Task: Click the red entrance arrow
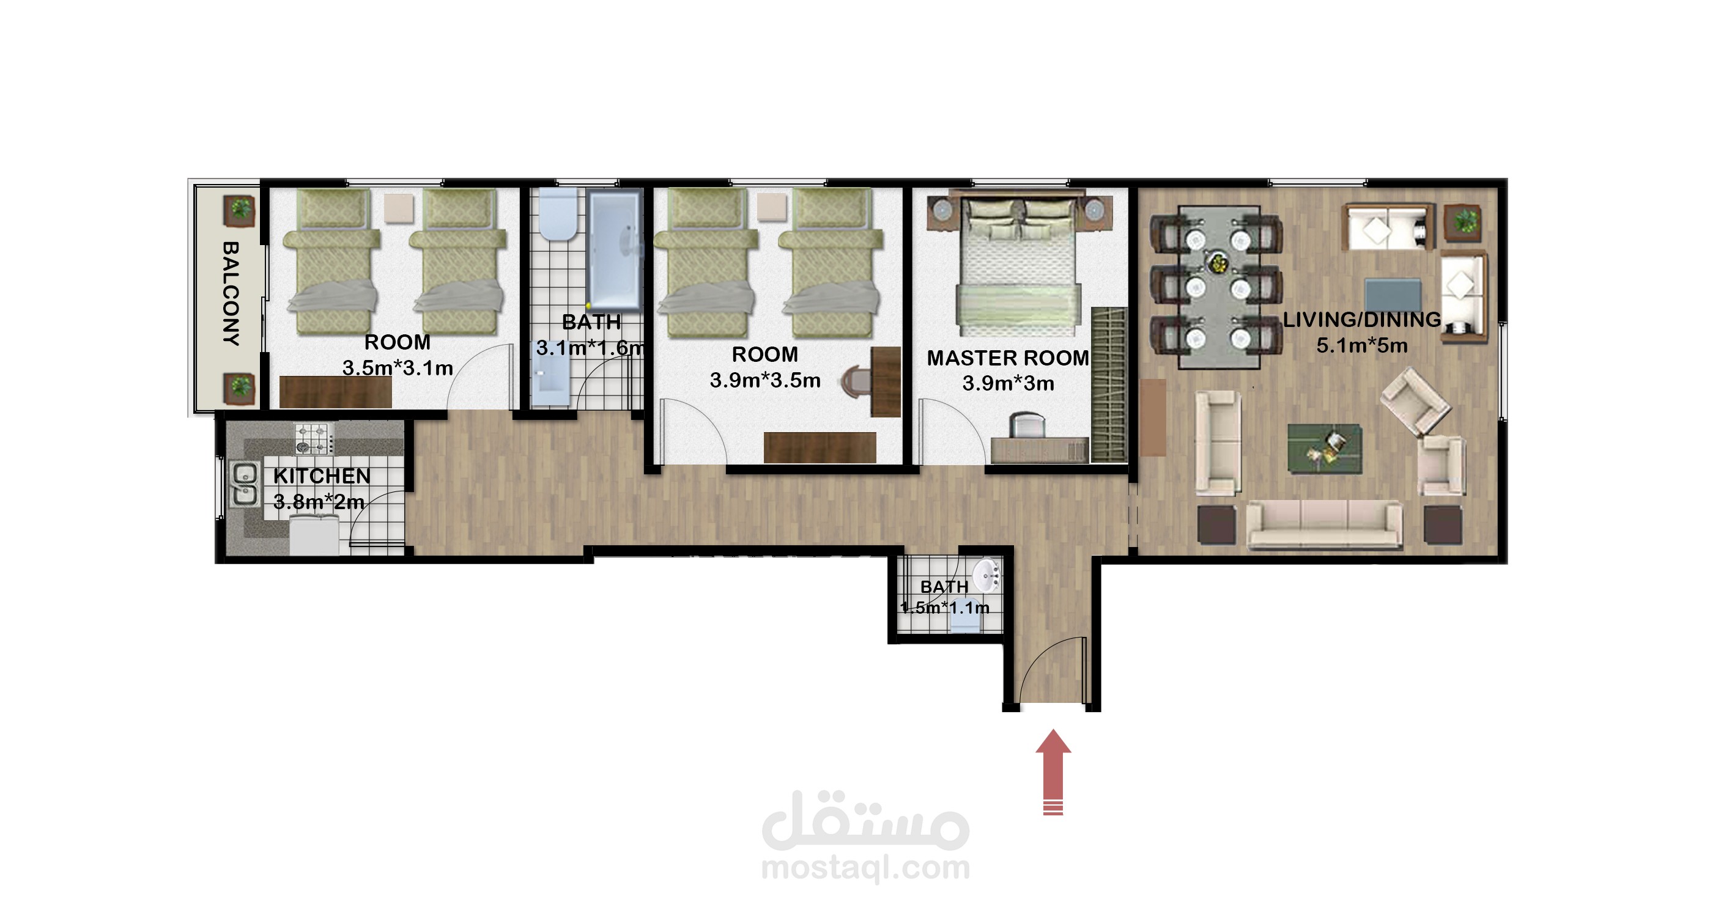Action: [1053, 771]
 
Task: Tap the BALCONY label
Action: [231, 294]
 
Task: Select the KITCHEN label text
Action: [322, 476]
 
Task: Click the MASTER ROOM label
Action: [1007, 358]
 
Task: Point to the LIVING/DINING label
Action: [1361, 320]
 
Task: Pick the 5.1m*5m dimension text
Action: [1361, 345]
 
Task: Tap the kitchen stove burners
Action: [314, 438]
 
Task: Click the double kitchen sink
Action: [243, 483]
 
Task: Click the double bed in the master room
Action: [1018, 266]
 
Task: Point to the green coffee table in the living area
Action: [1325, 448]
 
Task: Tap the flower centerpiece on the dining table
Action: [1217, 263]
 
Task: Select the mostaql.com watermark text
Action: [866, 867]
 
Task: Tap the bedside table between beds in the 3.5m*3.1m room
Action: [399, 208]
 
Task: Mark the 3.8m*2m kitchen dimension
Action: [319, 501]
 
